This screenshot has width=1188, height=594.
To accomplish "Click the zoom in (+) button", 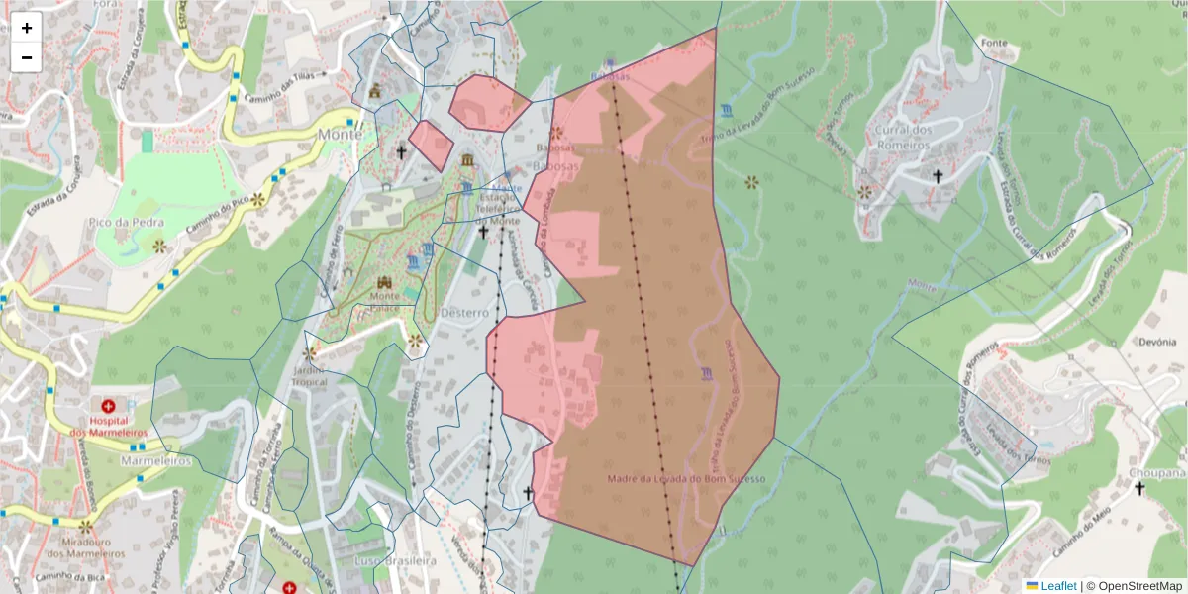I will [x=27, y=28].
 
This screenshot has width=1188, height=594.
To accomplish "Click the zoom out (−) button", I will [x=27, y=57].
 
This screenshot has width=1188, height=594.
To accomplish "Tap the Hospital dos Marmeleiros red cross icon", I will [x=109, y=406].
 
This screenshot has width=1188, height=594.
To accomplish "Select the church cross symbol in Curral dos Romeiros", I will [x=938, y=176].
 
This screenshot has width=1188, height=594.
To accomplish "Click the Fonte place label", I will [x=993, y=44].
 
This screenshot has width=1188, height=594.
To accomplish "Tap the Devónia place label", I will [x=1155, y=342].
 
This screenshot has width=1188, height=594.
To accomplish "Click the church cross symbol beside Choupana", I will [x=1139, y=488].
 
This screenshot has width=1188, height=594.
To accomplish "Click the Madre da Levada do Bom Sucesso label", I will [x=687, y=479].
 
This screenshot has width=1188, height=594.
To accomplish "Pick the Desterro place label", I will [x=464, y=312].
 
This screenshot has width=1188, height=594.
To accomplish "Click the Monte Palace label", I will [x=385, y=301].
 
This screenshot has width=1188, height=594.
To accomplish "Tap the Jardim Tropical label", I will [x=309, y=375].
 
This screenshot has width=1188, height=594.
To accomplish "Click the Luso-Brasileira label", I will [x=395, y=561].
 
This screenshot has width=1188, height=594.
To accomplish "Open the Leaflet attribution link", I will [x=1057, y=586].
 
